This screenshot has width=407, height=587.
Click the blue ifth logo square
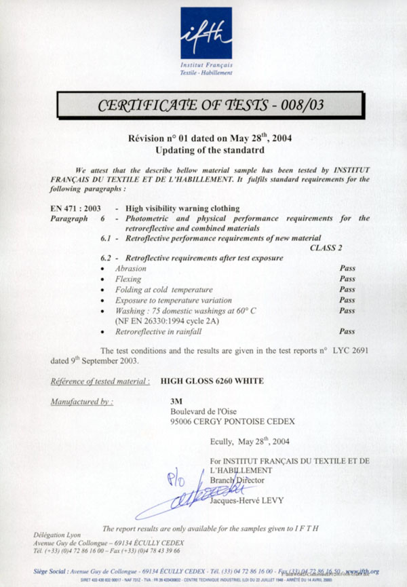point(206,33)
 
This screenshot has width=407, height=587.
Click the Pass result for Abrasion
point(347,268)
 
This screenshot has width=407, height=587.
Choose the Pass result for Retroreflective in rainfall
point(347,332)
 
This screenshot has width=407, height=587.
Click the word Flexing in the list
point(130,279)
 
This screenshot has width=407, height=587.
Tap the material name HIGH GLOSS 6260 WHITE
point(212,381)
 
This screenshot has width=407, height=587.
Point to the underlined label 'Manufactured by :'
point(82,402)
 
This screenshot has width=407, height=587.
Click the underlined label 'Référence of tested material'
point(100,381)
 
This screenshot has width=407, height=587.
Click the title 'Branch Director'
point(239,480)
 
